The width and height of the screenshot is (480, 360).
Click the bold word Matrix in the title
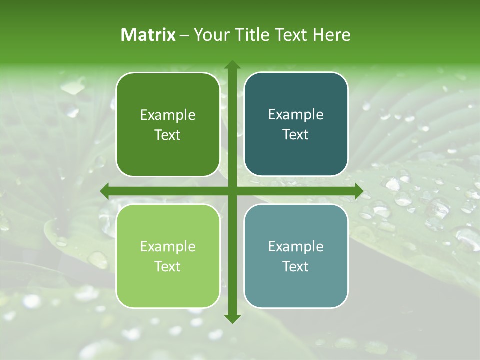pos(148,35)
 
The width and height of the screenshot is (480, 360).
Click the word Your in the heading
pos(209,35)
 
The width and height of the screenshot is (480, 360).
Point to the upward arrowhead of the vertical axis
pos(232,65)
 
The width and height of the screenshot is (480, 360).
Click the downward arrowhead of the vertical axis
pos(232,319)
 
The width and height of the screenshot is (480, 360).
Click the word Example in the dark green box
pos(168,115)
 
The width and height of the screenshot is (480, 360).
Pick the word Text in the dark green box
pos(168,135)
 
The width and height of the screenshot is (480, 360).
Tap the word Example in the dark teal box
pos(296,115)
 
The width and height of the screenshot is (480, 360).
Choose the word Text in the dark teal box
pos(296,135)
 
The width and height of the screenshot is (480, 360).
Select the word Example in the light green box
pos(168,247)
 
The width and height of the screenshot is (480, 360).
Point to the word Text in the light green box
pos(168,267)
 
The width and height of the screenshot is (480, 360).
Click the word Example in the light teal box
pos(296,247)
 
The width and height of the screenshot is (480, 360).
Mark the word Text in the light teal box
pos(296,267)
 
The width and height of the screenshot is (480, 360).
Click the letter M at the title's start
pos(128,35)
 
